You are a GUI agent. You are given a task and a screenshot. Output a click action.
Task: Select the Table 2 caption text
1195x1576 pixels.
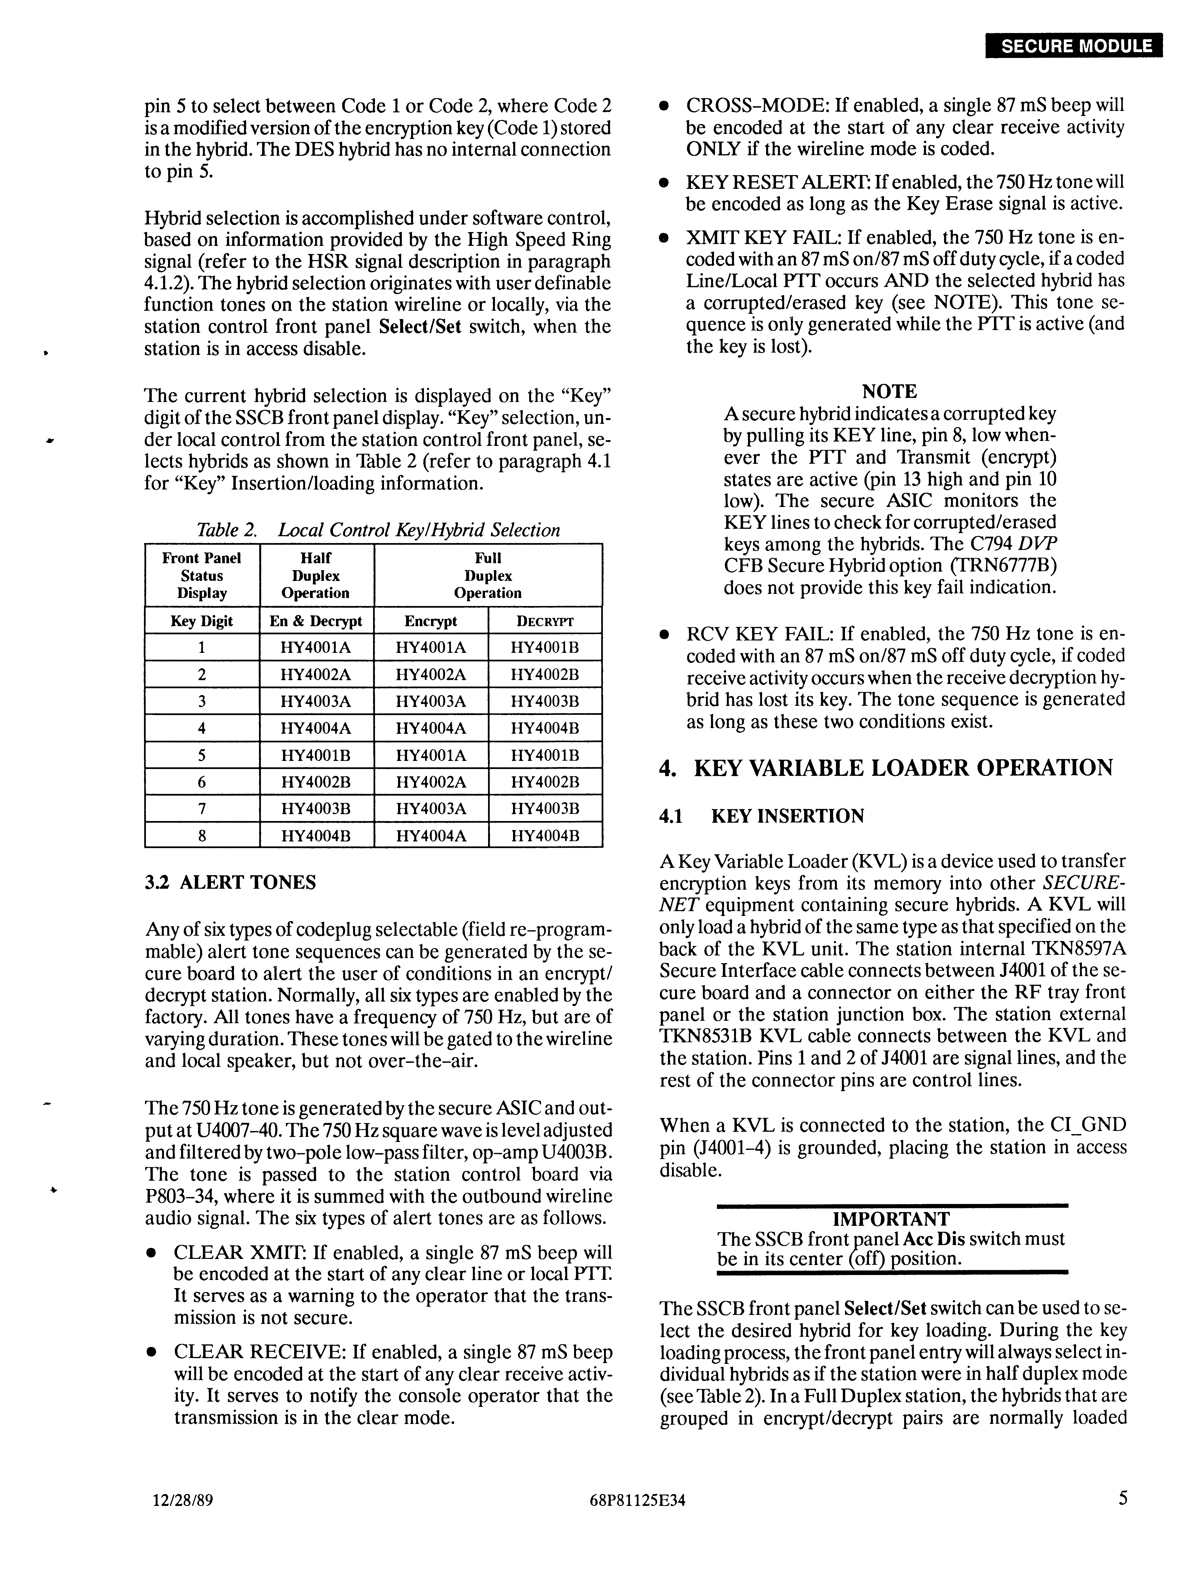click(x=378, y=530)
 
